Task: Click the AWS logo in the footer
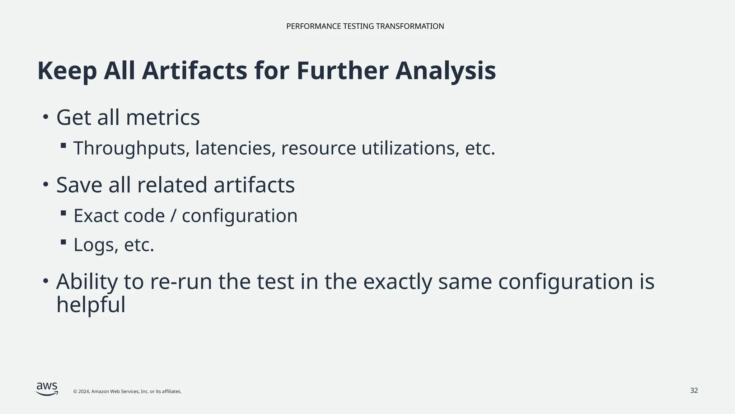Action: pyautogui.click(x=47, y=388)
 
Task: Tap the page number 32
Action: pyautogui.click(x=694, y=391)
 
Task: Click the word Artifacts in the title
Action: pyautogui.click(x=194, y=71)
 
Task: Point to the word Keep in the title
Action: pyautogui.click(x=67, y=71)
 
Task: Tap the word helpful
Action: pyautogui.click(x=91, y=305)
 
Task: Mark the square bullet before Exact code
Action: pyautogui.click(x=64, y=213)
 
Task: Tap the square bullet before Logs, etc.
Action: pyautogui.click(x=64, y=242)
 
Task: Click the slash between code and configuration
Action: pyautogui.click(x=173, y=216)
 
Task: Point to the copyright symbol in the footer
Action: pyautogui.click(x=75, y=392)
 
